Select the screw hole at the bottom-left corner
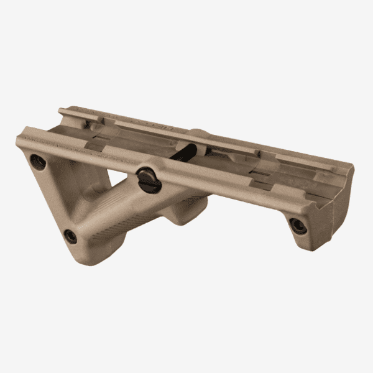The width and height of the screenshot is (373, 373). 71,236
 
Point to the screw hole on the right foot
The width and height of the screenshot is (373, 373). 298,225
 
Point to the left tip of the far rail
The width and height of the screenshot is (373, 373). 60,112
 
